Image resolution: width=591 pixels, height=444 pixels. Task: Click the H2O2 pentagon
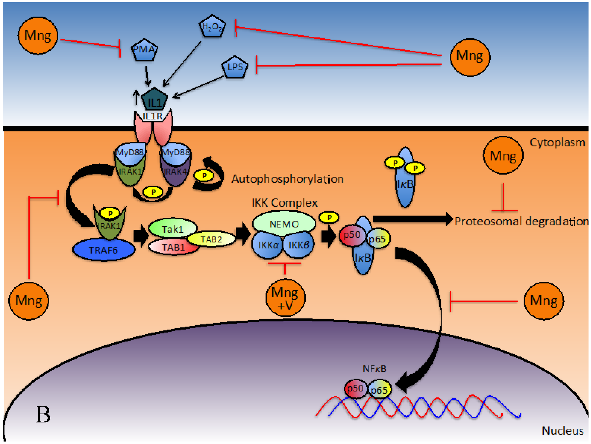212,27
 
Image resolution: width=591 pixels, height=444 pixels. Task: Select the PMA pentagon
144,50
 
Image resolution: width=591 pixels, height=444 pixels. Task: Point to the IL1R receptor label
153,116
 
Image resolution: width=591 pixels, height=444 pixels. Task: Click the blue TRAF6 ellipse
104,250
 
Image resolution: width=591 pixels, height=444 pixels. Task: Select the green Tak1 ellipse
173,229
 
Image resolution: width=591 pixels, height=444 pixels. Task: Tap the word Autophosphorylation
287,179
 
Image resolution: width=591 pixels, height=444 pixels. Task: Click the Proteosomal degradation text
521,222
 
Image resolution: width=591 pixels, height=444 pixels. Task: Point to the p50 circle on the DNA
355,388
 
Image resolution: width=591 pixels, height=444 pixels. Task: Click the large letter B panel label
43,415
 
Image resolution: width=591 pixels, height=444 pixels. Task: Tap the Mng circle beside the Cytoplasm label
503,156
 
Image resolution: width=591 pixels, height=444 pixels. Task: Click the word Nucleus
563,431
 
